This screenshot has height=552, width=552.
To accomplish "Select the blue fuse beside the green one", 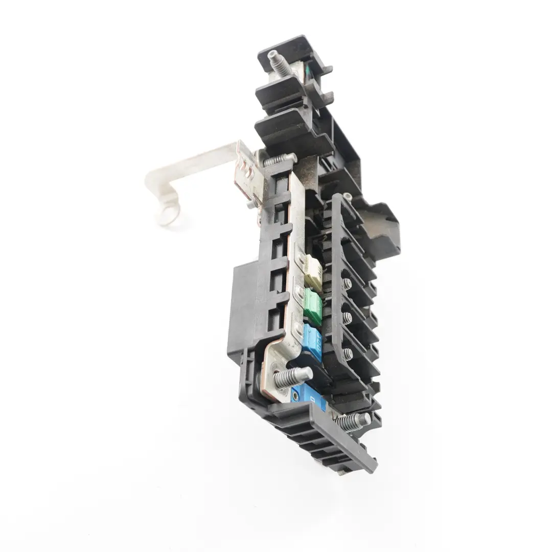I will pos(312,341).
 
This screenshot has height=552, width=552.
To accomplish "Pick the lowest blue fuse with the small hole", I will pos(309,396).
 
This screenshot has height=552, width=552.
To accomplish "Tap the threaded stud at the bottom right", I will pos(353,421).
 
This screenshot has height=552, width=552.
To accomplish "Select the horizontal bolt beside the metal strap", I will pos(279,160).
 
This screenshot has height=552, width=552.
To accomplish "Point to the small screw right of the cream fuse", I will pos(348,284).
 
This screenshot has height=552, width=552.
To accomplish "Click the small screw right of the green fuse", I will pos(347,318).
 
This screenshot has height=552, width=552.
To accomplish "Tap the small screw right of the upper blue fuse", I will pos(348,353).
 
